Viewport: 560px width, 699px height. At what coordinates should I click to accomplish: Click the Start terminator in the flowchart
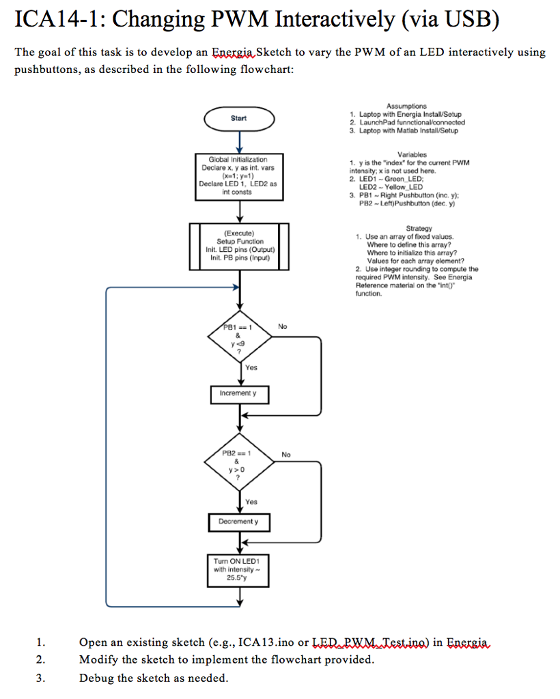pos(238,118)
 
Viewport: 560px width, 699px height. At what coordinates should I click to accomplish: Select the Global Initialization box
pos(238,175)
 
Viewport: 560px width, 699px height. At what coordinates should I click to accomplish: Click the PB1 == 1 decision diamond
pos(238,338)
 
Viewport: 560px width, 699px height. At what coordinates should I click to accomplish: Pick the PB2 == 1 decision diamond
pos(238,465)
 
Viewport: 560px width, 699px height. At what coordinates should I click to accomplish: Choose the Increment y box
pos(238,394)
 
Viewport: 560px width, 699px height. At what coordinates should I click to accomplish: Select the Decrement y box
pos(238,522)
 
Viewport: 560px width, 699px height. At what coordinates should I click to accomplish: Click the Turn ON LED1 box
pos(238,570)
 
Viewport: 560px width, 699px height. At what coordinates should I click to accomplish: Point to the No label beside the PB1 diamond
pos(283,327)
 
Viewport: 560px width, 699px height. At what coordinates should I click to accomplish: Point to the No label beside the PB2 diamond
pos(285,455)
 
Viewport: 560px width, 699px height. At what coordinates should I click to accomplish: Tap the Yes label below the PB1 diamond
pos(251,368)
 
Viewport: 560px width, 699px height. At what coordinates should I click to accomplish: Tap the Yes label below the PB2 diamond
pos(251,502)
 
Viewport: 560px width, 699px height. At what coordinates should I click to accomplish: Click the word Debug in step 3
pos(96,678)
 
